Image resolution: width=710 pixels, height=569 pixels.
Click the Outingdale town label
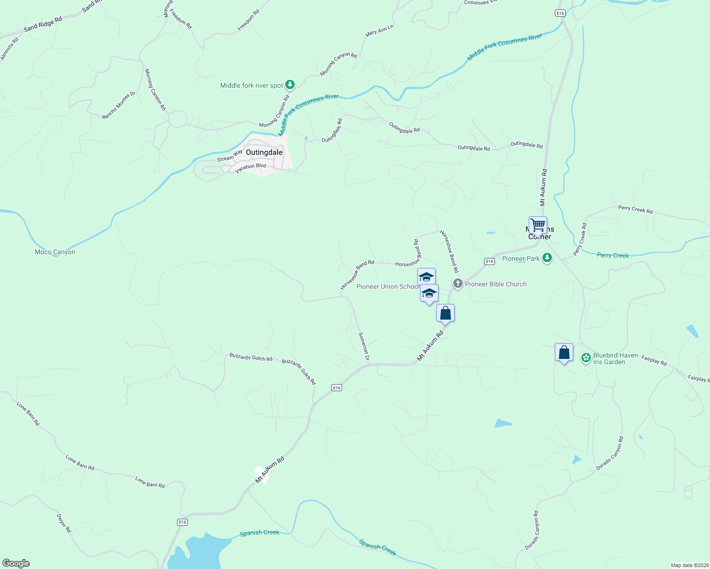264,152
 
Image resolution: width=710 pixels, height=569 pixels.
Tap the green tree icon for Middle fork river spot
290,85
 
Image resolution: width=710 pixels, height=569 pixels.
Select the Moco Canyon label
55,252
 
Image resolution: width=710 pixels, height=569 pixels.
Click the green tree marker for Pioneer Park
547,257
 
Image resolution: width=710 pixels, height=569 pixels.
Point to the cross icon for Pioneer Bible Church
458,284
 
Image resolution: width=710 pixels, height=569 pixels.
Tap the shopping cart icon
538,224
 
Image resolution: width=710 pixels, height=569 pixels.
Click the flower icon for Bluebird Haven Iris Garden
586,358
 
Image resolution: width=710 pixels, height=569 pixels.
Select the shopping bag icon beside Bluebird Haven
564,352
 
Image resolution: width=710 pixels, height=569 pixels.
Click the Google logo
16,563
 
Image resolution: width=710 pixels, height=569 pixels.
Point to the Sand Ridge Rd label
43,24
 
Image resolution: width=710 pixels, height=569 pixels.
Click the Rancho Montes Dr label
119,105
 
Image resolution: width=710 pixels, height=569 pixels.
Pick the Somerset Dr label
364,347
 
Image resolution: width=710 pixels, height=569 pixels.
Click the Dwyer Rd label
64,523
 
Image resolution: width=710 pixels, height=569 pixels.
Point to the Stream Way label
230,156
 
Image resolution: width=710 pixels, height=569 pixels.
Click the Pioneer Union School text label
388,286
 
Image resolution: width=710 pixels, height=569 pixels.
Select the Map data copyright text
689,565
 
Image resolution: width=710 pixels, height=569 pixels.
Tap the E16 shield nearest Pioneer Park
490,261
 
